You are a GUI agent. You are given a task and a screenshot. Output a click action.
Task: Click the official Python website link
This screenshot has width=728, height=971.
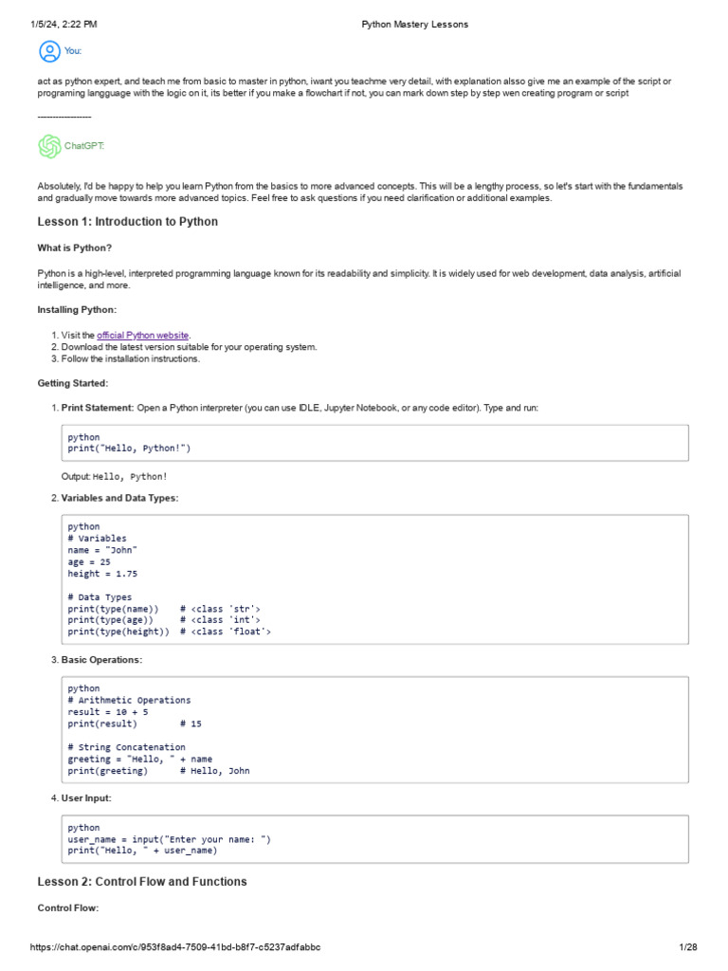(x=143, y=335)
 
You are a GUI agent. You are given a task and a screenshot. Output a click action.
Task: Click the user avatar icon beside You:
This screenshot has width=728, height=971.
(x=48, y=51)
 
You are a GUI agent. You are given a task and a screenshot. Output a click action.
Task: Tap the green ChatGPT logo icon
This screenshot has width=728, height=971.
(x=48, y=146)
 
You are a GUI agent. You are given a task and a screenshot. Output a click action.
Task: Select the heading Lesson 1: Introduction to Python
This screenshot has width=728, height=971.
(x=127, y=222)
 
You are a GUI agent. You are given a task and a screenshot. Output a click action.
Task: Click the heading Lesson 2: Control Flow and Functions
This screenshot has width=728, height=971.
(x=141, y=882)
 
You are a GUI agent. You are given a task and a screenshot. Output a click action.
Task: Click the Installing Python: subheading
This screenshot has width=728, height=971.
(x=78, y=310)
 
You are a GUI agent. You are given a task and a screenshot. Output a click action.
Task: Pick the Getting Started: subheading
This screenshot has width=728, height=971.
(x=73, y=383)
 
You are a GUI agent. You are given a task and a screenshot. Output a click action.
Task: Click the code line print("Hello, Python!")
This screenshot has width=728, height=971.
(x=136, y=449)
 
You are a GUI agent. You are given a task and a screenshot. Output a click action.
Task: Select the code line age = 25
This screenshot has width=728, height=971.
(x=89, y=561)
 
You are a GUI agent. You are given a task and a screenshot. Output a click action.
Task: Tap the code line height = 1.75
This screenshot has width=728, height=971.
(x=102, y=574)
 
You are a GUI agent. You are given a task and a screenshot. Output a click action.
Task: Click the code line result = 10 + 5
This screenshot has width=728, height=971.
(x=107, y=711)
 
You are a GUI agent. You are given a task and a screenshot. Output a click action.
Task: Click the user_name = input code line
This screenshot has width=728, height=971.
(x=169, y=839)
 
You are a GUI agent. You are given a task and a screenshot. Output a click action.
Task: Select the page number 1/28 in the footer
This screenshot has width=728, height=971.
(x=687, y=947)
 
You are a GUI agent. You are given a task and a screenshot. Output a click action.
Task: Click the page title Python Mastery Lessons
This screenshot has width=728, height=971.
(x=414, y=24)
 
